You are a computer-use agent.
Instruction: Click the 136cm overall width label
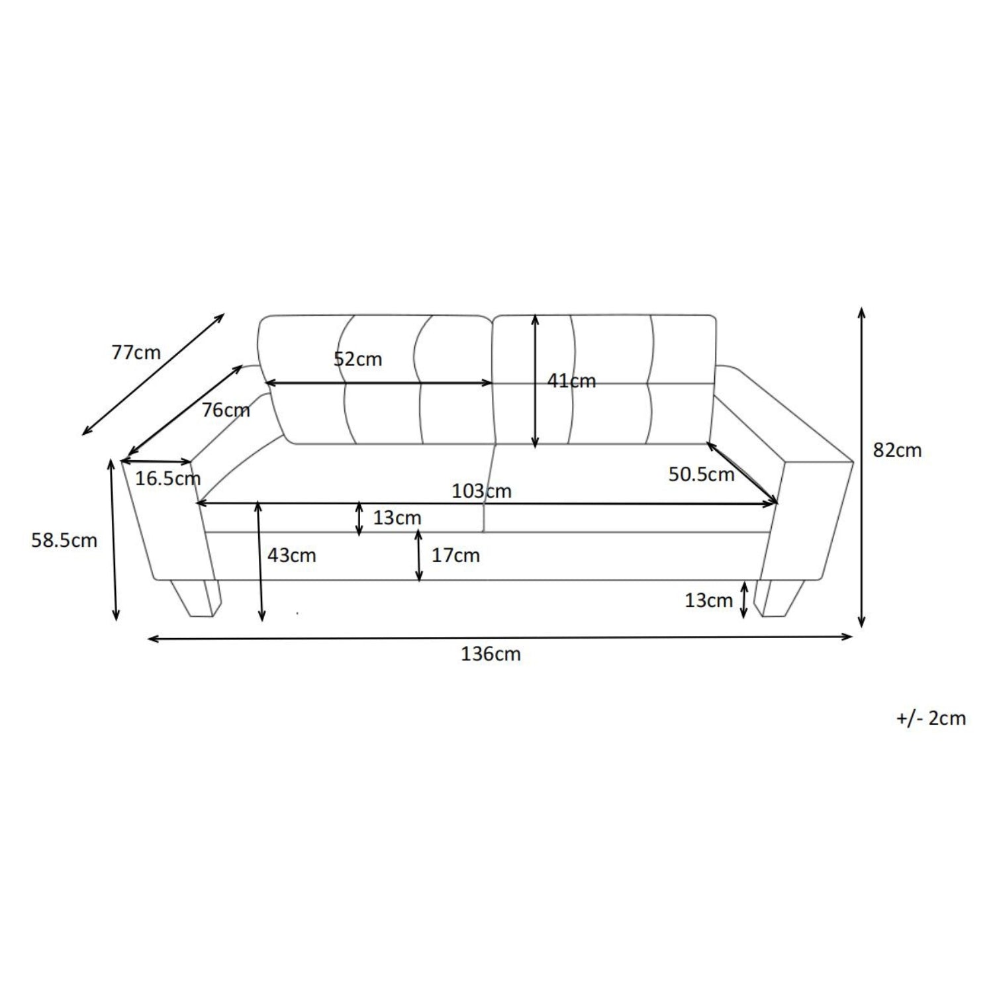(x=491, y=654)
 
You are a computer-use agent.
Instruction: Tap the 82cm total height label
(x=897, y=450)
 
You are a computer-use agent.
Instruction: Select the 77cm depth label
(x=136, y=352)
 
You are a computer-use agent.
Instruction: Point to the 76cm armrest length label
(x=226, y=410)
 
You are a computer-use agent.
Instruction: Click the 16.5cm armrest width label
(x=168, y=478)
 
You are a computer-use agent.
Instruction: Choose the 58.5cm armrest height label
(x=64, y=540)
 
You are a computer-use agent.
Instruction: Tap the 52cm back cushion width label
(x=357, y=359)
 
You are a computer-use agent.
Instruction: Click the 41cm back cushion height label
(x=571, y=381)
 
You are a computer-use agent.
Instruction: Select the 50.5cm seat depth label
(x=701, y=474)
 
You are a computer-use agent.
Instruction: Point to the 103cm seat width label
(x=481, y=491)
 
